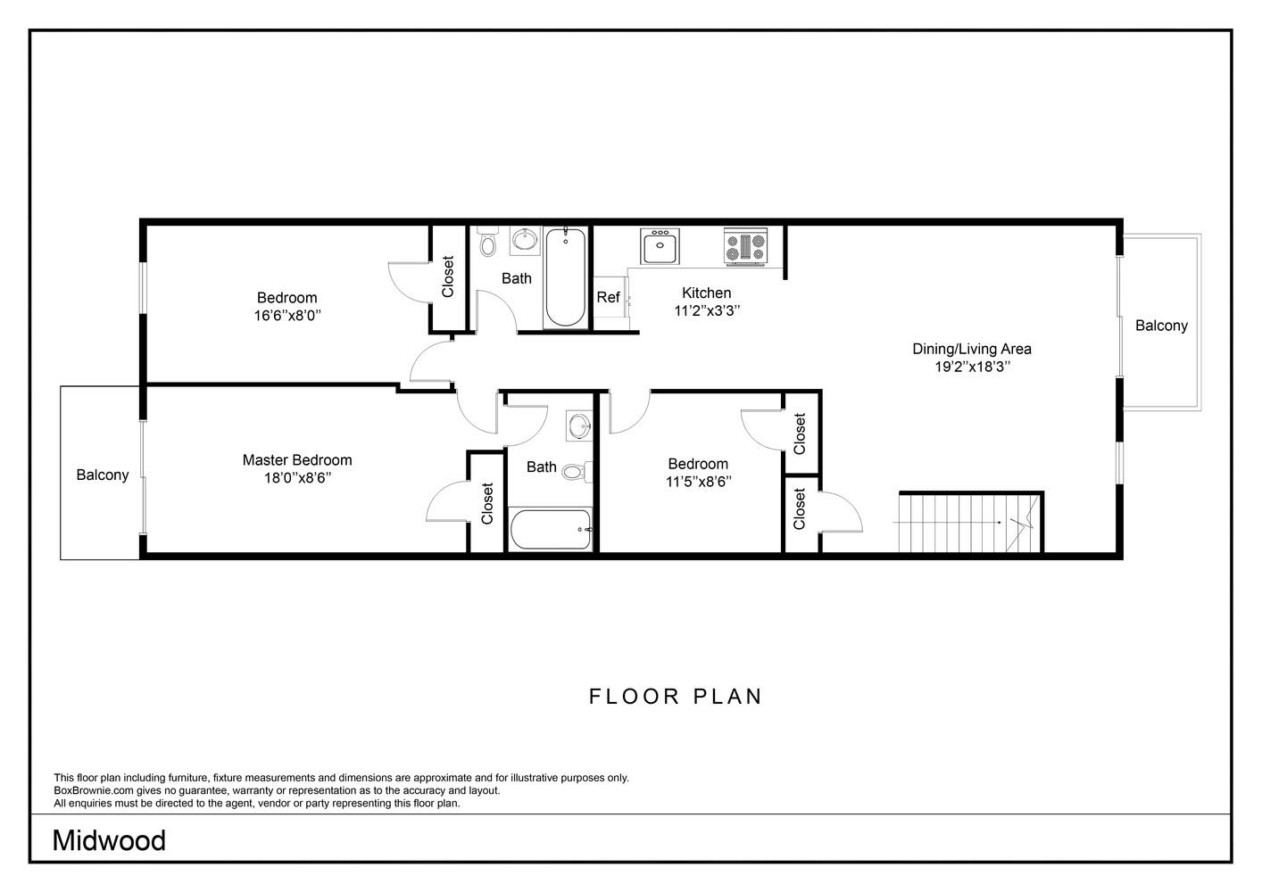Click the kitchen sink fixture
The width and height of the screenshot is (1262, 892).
(x=660, y=245)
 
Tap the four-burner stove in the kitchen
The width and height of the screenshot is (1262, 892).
(x=745, y=246)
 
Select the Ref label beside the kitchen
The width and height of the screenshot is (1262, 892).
(x=608, y=298)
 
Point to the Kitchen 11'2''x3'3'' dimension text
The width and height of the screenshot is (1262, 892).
(x=707, y=310)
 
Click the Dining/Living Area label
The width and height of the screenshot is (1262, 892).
(x=971, y=349)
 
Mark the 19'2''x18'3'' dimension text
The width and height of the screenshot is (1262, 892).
(x=971, y=367)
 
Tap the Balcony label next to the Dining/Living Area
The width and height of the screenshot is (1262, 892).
(x=1161, y=326)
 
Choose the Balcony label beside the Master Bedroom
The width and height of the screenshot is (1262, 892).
(x=102, y=475)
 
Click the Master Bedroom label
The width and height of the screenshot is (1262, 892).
(x=297, y=460)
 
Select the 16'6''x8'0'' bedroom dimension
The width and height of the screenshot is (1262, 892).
(x=286, y=316)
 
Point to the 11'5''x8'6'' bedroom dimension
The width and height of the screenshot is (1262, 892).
(x=698, y=482)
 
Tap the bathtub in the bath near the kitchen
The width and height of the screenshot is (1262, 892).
(x=565, y=277)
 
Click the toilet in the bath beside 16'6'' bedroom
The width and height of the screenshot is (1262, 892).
(x=487, y=243)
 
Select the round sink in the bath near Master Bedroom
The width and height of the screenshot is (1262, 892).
(x=579, y=425)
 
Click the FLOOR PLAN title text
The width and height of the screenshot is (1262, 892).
(x=676, y=696)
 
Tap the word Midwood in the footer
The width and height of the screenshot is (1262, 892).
(x=109, y=840)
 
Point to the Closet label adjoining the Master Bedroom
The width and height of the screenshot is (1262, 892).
(x=487, y=503)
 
